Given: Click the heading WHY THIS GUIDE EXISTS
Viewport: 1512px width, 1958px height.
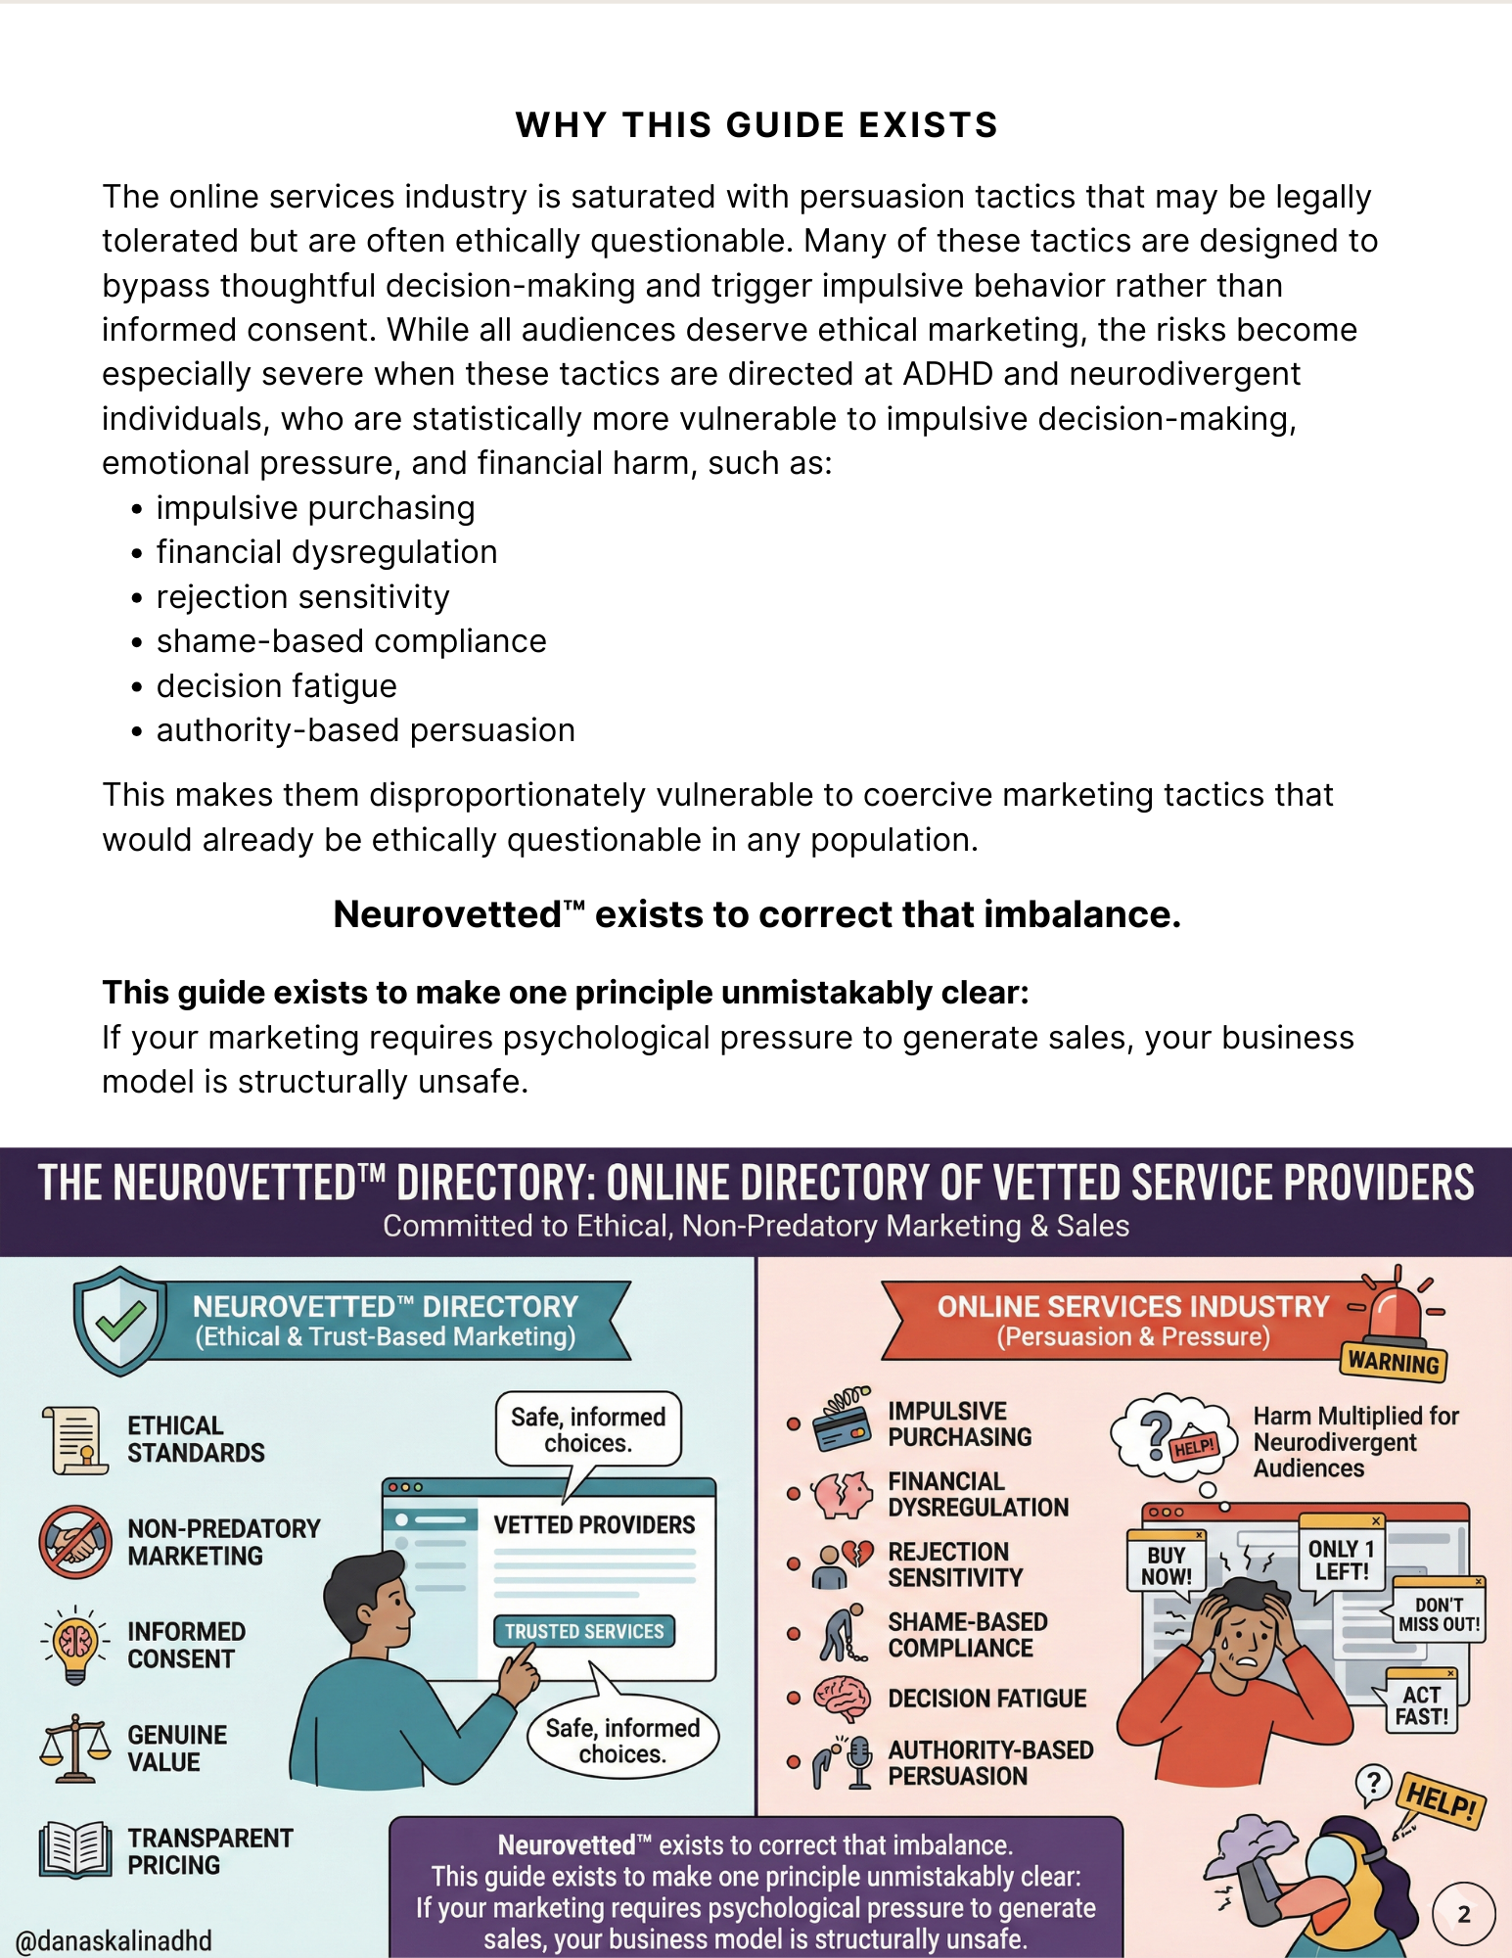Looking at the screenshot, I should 756,125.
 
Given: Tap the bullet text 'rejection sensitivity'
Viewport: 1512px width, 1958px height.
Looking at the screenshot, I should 302,596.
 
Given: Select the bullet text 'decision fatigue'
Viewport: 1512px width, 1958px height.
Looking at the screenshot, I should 276,685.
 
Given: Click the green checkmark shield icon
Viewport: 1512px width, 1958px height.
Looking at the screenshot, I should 119,1321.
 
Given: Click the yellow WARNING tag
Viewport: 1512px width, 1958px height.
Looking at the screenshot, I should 1393,1362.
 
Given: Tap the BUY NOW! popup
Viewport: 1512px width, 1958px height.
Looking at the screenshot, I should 1167,1564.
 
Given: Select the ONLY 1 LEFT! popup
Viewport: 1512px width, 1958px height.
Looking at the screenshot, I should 1341,1560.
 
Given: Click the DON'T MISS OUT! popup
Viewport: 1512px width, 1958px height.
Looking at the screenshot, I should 1439,1614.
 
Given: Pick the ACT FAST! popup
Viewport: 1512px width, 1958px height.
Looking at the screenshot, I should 1421,1705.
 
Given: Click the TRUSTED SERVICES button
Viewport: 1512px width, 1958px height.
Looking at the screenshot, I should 584,1631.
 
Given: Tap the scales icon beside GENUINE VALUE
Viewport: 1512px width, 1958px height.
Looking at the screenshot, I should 75,1748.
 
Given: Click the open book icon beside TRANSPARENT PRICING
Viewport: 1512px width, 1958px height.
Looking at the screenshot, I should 75,1849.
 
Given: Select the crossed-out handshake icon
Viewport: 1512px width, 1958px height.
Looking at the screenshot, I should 75,1542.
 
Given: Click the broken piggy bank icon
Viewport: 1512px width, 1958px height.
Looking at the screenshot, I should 842,1494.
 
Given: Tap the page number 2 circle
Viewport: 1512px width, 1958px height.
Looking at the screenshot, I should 1463,1914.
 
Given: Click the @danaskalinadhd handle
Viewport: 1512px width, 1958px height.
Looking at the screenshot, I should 115,1940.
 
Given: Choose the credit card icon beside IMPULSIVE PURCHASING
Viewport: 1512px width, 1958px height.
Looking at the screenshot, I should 842,1421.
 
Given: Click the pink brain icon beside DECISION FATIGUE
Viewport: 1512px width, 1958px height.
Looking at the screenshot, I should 842,1699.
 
